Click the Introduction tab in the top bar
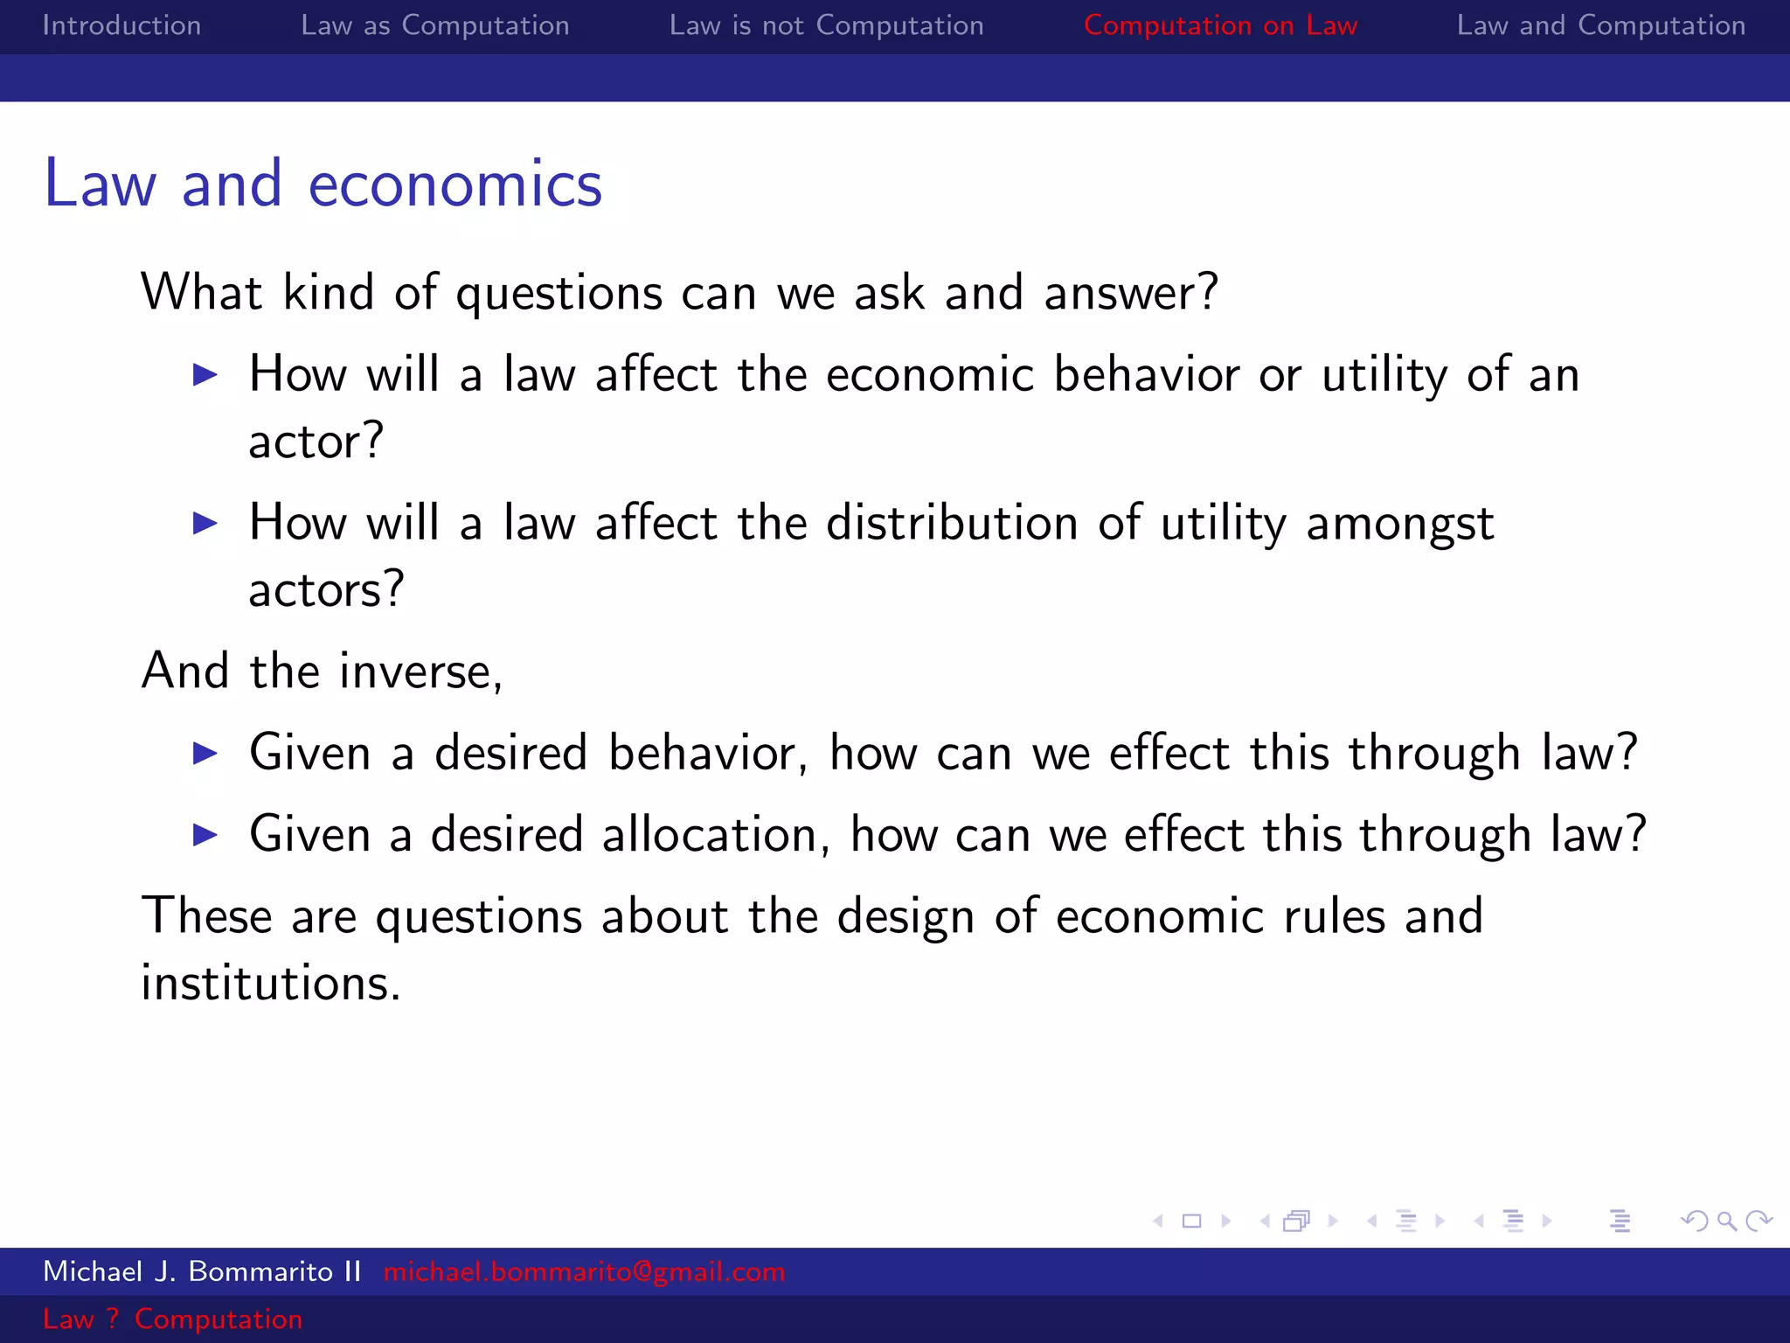tap(121, 25)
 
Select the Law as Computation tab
tap(434, 25)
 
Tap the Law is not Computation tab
tap(826, 25)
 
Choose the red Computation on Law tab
tap(1220, 25)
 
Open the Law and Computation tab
tap(1600, 25)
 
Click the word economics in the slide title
tap(454, 184)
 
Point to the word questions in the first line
tap(559, 293)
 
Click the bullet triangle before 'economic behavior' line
tap(205, 375)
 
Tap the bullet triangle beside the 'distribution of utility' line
tap(205, 523)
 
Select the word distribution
tap(951, 523)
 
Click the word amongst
tap(1399, 525)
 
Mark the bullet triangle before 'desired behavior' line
tap(205, 753)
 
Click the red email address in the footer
tap(584, 1271)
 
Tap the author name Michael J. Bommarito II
tap(202, 1271)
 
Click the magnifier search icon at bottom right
tap(1726, 1221)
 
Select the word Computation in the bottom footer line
tap(218, 1319)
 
